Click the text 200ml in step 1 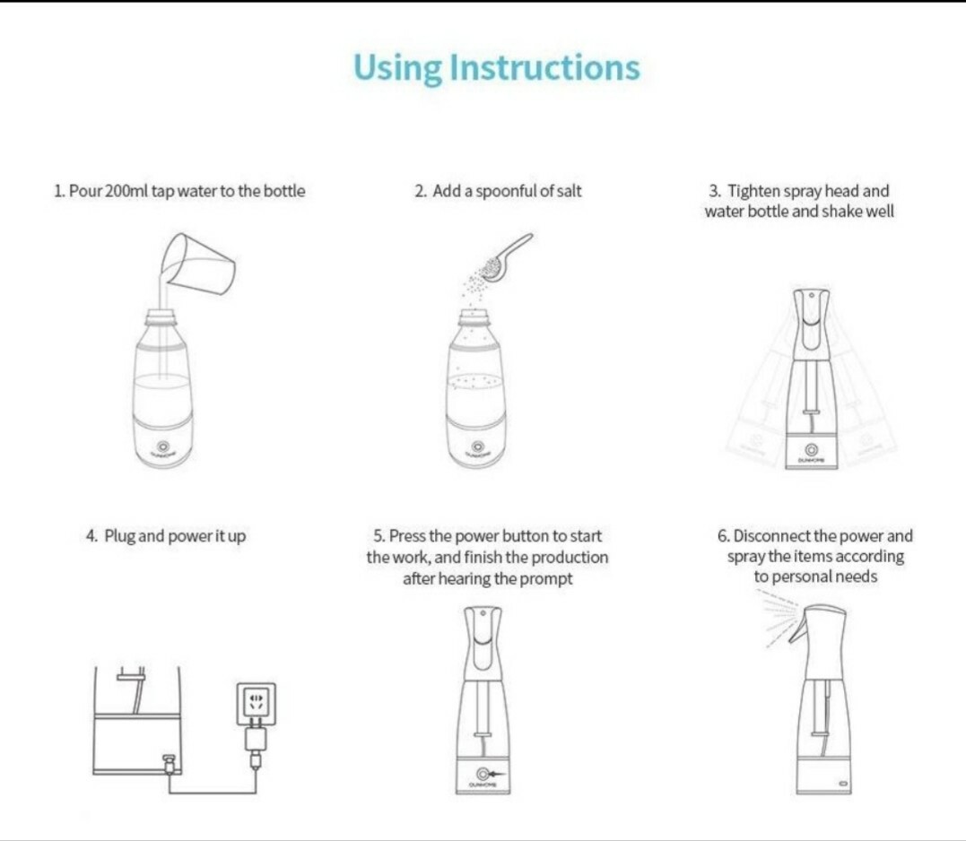point(126,191)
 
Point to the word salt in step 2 point(569,191)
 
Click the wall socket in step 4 point(256,703)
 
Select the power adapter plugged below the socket point(256,740)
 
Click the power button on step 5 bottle point(483,773)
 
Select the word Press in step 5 point(407,535)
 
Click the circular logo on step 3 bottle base point(812,451)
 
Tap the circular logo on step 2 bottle point(476,446)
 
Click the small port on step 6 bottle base point(843,783)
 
